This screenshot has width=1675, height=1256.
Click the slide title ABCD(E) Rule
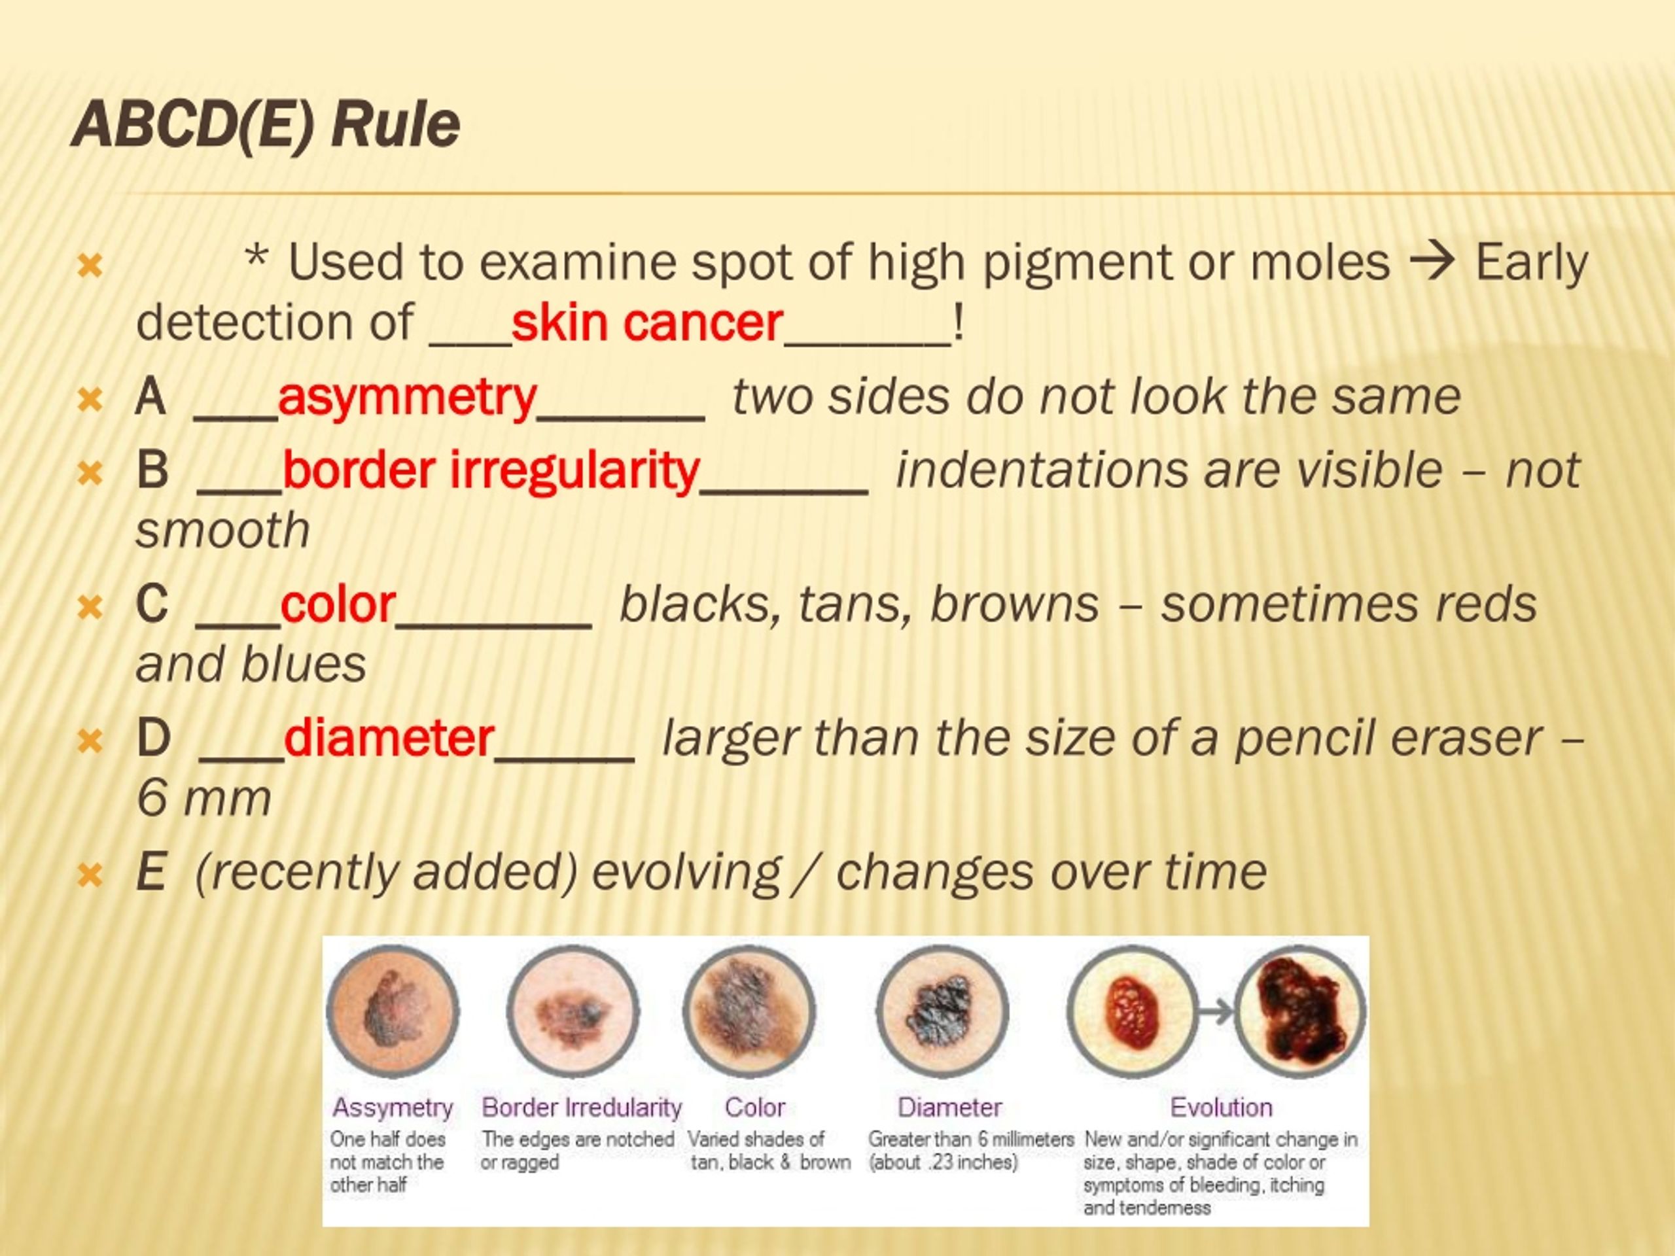(265, 124)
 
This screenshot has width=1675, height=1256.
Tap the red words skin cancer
(646, 323)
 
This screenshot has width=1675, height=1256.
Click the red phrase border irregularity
(491, 470)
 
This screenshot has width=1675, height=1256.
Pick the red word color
(338, 605)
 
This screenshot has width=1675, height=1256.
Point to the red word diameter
(389, 738)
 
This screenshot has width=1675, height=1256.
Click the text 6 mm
(203, 798)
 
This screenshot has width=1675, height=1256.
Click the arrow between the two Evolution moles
(1216, 1011)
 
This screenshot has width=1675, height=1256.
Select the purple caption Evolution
(1221, 1108)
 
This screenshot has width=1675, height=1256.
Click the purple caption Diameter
(949, 1108)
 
